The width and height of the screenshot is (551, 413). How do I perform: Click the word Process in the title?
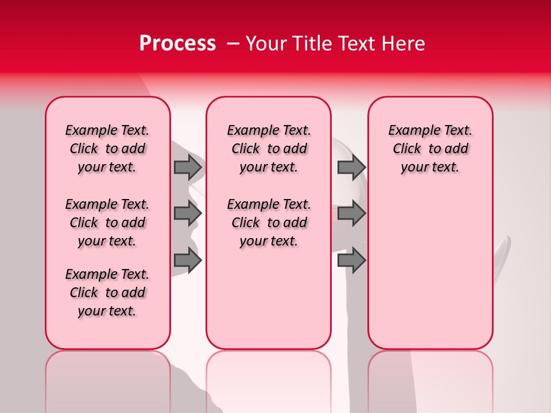point(177,44)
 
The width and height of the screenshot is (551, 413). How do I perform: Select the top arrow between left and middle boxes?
point(188,167)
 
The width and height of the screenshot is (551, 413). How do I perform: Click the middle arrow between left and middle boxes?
point(188,213)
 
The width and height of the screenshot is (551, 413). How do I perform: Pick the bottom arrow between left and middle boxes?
point(188,260)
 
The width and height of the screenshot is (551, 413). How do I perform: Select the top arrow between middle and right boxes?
point(351,167)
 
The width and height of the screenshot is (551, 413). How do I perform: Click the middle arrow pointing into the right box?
point(351,213)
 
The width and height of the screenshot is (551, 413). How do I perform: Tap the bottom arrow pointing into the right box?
point(351,260)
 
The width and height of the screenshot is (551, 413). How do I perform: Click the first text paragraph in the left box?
point(107,149)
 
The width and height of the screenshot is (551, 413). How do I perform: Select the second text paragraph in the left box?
point(107,223)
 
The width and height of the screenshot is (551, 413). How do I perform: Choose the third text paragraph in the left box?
point(107,293)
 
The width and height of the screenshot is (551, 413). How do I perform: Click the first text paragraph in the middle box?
point(269,149)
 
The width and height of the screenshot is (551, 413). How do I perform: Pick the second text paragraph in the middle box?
point(269,223)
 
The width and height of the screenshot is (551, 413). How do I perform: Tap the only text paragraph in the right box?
point(430,149)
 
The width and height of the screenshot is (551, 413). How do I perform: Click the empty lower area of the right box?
point(430,275)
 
